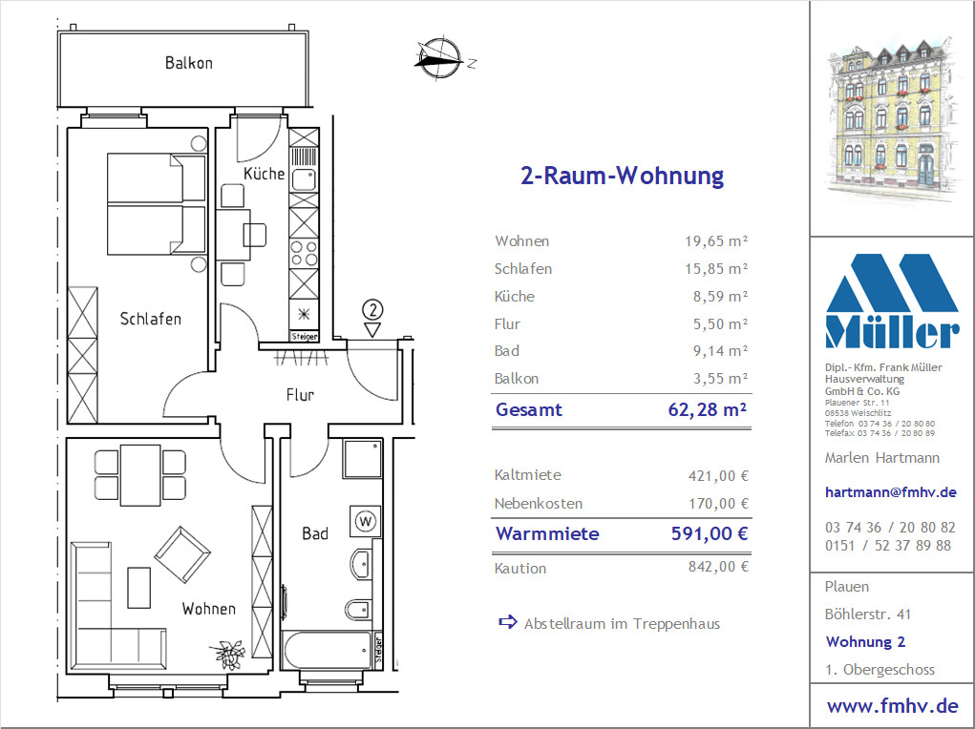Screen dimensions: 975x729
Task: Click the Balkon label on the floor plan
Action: [x=188, y=63]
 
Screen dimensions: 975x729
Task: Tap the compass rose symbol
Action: [x=439, y=59]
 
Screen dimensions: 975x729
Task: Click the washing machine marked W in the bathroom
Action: [x=366, y=521]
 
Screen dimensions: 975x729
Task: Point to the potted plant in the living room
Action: [x=229, y=655]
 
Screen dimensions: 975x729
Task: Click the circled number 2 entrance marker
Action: [x=371, y=309]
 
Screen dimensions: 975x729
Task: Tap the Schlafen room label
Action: [x=151, y=319]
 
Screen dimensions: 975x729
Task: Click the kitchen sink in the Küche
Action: [x=304, y=179]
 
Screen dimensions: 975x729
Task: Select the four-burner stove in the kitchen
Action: [x=304, y=254]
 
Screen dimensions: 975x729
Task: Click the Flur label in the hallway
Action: [x=301, y=395]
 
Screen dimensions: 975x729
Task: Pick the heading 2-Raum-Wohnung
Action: [x=622, y=176]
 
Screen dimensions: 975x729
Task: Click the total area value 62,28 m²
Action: [x=707, y=409]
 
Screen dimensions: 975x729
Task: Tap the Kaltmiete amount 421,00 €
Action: [x=718, y=476]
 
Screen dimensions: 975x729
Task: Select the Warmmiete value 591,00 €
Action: [x=710, y=533]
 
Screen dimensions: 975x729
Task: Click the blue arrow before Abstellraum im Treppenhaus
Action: [x=508, y=622]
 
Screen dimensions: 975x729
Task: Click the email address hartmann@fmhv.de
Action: [x=890, y=492]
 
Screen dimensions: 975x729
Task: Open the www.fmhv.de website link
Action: [x=892, y=706]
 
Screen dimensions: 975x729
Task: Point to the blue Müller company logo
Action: [x=892, y=301]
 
